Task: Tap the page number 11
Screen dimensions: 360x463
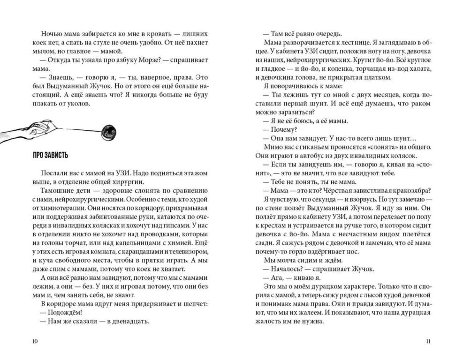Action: [x=427, y=341]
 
